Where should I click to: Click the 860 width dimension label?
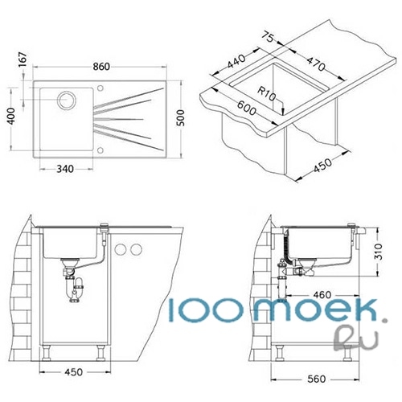point(101,67)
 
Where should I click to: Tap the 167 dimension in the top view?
point(23,59)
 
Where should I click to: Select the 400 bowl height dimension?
point(11,116)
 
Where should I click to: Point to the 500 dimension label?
point(181,118)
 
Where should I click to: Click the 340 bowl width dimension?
point(65,169)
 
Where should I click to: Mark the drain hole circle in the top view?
point(67,100)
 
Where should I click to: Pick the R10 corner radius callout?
point(267,93)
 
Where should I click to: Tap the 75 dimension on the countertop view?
point(268,37)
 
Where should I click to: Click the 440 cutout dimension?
point(236,61)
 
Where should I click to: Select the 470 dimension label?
point(316,64)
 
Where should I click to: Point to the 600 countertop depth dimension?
point(247,108)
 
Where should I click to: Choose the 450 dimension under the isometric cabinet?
point(322,166)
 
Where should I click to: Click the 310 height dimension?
point(379,252)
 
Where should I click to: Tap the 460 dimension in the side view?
point(322,295)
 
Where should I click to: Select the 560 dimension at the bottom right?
point(317,379)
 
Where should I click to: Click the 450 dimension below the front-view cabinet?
point(73,372)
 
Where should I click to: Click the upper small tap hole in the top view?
point(100,88)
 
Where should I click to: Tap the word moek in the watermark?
point(315,310)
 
